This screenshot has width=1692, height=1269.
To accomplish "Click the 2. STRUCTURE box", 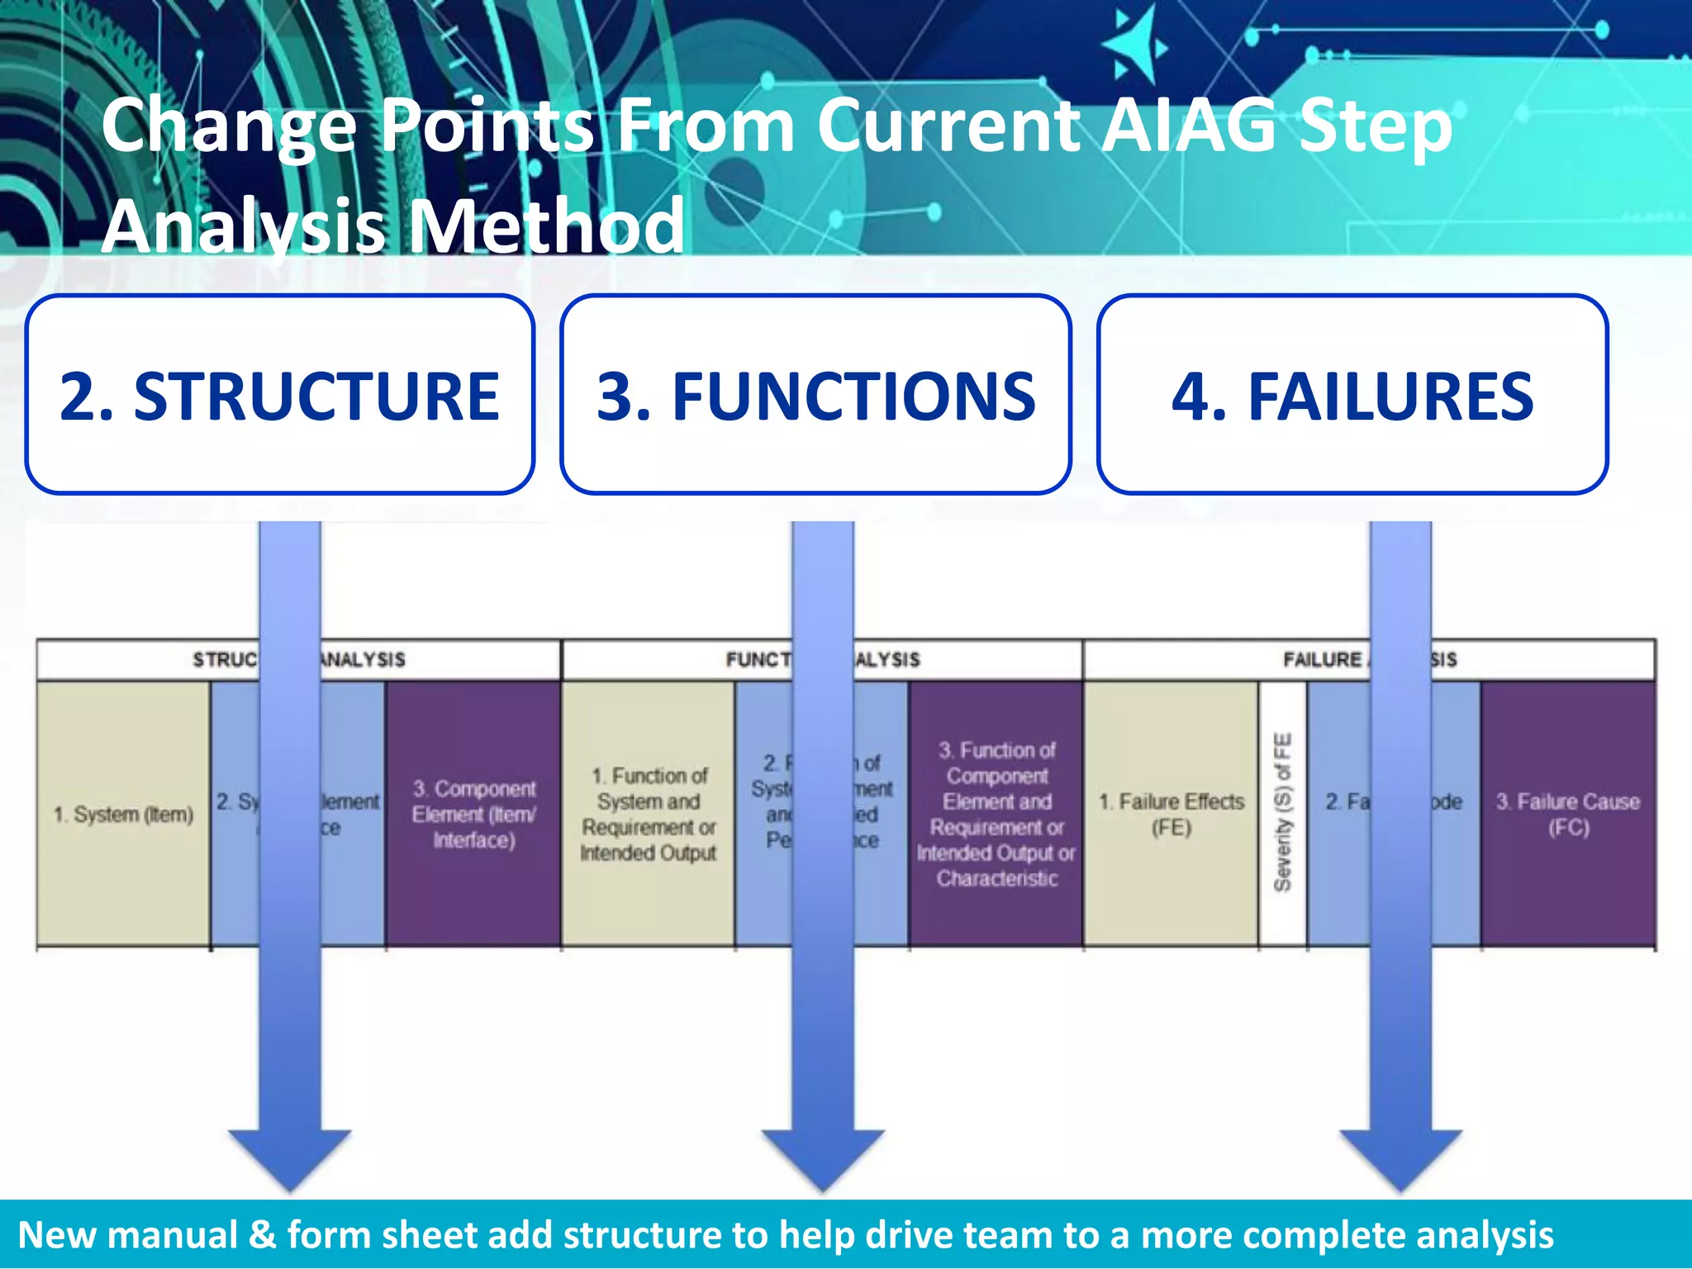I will (x=279, y=395).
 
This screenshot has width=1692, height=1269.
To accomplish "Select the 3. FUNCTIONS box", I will (x=815, y=395).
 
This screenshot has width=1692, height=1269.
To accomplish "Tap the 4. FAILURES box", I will (x=1352, y=395).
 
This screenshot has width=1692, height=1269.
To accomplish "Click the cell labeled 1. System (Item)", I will (x=123, y=814).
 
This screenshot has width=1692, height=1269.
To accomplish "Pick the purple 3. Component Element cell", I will (x=473, y=814).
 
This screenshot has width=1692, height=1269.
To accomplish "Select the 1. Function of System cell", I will (x=648, y=814).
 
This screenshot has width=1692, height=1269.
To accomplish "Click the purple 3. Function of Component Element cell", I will (x=996, y=814).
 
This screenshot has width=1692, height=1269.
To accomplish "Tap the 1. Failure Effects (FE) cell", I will (x=1171, y=814).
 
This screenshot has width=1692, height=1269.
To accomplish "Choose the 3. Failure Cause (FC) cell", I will (x=1567, y=814).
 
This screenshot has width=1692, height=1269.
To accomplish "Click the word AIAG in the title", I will (x=1191, y=126).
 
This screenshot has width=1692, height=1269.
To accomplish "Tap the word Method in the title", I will (x=546, y=226).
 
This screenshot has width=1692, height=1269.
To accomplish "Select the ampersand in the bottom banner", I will (x=262, y=1234).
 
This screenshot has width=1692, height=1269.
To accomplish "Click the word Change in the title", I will (x=229, y=126).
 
